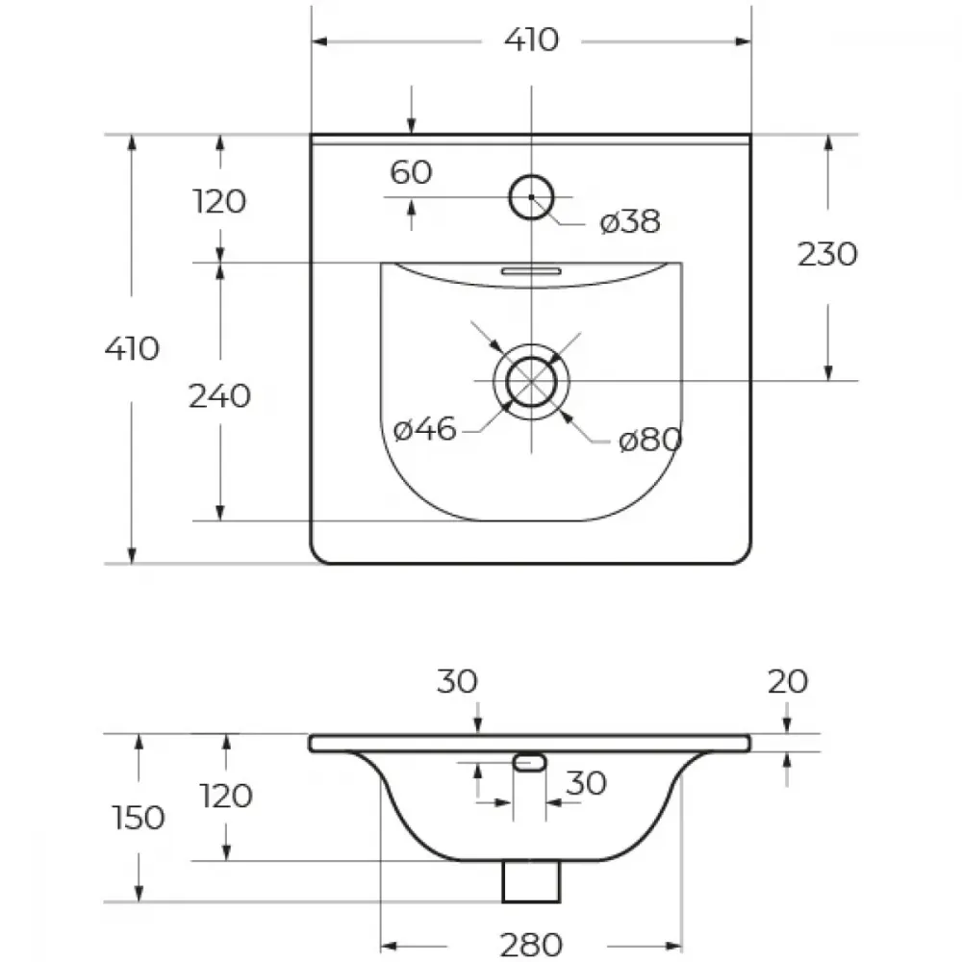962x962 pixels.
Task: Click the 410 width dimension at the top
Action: pyautogui.click(x=531, y=40)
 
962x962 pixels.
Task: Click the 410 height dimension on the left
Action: pyautogui.click(x=132, y=349)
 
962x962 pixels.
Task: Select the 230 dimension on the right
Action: pyautogui.click(x=827, y=254)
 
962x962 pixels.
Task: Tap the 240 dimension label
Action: pyautogui.click(x=219, y=396)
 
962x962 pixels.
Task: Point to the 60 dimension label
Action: pyautogui.click(x=411, y=172)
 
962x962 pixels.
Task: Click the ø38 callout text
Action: pyautogui.click(x=630, y=221)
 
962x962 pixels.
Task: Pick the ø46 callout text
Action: pyautogui.click(x=424, y=428)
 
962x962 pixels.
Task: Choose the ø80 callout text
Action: pyautogui.click(x=650, y=440)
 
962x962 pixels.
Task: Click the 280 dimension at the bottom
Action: pyautogui.click(x=531, y=945)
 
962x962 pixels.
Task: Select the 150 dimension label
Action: pyautogui.click(x=139, y=818)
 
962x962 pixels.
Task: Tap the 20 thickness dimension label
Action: pyautogui.click(x=788, y=682)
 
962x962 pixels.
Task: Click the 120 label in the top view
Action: pyautogui.click(x=219, y=201)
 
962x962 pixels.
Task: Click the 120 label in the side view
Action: pyautogui.click(x=226, y=796)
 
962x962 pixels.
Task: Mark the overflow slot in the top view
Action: pyautogui.click(x=531, y=271)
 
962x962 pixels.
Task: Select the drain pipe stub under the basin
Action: pyautogui.click(x=531, y=881)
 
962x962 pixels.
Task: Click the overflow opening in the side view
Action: pyautogui.click(x=529, y=763)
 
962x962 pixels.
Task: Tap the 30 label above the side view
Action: pyautogui.click(x=457, y=682)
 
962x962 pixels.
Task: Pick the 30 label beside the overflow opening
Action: pyautogui.click(x=586, y=783)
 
